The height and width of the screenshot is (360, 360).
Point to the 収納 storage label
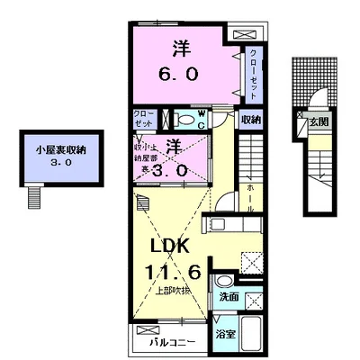point(251,119)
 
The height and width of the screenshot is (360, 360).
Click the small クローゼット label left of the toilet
point(144,119)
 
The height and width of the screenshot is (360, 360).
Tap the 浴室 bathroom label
point(224,331)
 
